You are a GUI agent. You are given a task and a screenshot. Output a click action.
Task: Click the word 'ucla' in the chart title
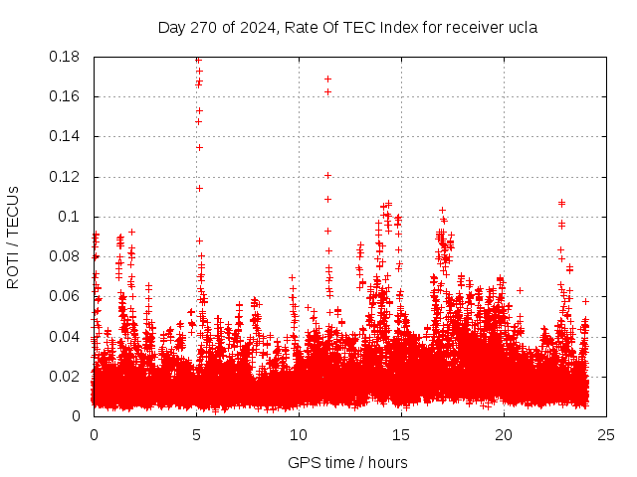[x=522, y=28]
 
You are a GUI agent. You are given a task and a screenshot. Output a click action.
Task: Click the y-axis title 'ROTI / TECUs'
[x=13, y=237]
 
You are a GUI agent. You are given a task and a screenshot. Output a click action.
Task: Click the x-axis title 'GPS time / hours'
[x=347, y=462]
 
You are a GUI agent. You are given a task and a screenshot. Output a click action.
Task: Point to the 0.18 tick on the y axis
[x=65, y=57]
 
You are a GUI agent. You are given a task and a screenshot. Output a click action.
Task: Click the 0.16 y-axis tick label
[x=65, y=96]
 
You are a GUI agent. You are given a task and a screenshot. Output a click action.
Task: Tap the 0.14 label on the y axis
[x=65, y=136]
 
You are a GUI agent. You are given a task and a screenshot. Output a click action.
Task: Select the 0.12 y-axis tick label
[x=65, y=177]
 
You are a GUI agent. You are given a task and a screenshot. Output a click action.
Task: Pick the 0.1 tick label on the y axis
[x=69, y=217]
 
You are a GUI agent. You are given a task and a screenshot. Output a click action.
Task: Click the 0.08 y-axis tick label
[x=65, y=256]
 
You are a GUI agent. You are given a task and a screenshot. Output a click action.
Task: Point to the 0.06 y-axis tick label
[x=65, y=296]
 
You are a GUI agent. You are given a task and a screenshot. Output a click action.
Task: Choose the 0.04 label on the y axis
[x=65, y=336]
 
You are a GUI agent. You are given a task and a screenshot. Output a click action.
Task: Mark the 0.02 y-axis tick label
[x=65, y=376]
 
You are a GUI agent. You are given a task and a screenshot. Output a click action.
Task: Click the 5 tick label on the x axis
[x=196, y=434]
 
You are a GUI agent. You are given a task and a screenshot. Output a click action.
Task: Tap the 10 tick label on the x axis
[x=299, y=434]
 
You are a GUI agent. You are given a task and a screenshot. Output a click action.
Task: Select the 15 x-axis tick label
[x=401, y=434]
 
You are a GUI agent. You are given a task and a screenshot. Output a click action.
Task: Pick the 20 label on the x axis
[x=504, y=434]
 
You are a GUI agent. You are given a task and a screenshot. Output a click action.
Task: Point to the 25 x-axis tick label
[x=606, y=434]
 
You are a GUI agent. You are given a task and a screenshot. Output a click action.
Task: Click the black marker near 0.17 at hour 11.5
[x=327, y=79]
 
